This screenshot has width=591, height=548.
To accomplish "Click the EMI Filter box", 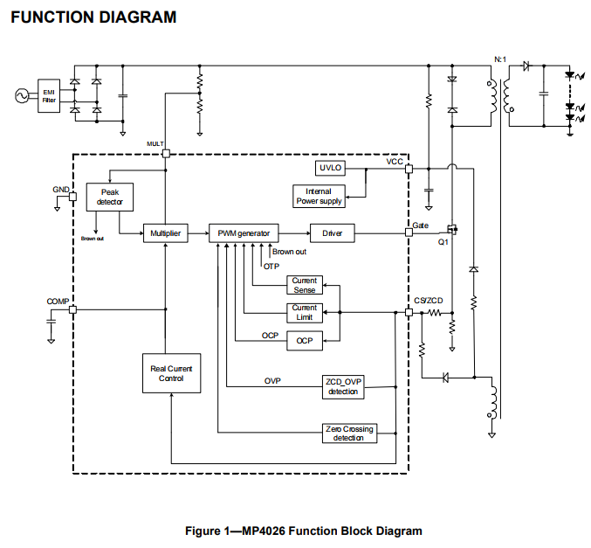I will pyautogui.click(x=50, y=96).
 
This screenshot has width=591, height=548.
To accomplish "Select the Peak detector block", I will pyautogui.click(x=108, y=197).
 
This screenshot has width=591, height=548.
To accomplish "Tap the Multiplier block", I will pyautogui.click(x=164, y=233).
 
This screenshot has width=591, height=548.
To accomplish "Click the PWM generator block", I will pyautogui.click(x=244, y=233).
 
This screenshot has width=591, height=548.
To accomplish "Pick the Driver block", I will pyautogui.click(x=333, y=233).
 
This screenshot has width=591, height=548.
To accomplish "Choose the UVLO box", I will pyautogui.click(x=332, y=167).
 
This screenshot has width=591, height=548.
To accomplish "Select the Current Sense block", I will pyautogui.click(x=305, y=285).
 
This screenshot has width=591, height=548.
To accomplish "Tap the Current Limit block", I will pyautogui.click(x=305, y=312).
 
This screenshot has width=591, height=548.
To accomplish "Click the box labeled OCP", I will pyautogui.click(x=305, y=340).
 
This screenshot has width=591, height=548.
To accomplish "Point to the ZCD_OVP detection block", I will pyautogui.click(x=343, y=386).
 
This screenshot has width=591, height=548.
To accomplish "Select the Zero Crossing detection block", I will pyautogui.click(x=349, y=433).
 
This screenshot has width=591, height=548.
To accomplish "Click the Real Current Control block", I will pyautogui.click(x=171, y=374).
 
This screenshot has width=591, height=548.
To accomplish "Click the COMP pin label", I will pyautogui.click(x=57, y=301).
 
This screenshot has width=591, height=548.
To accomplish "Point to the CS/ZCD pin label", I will pyautogui.click(x=429, y=301).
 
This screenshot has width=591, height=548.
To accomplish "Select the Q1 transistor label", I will pyautogui.click(x=443, y=243).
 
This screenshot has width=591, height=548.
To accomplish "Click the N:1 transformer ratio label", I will pyautogui.click(x=499, y=59).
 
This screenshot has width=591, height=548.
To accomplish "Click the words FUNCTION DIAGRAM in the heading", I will pyautogui.click(x=93, y=17).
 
